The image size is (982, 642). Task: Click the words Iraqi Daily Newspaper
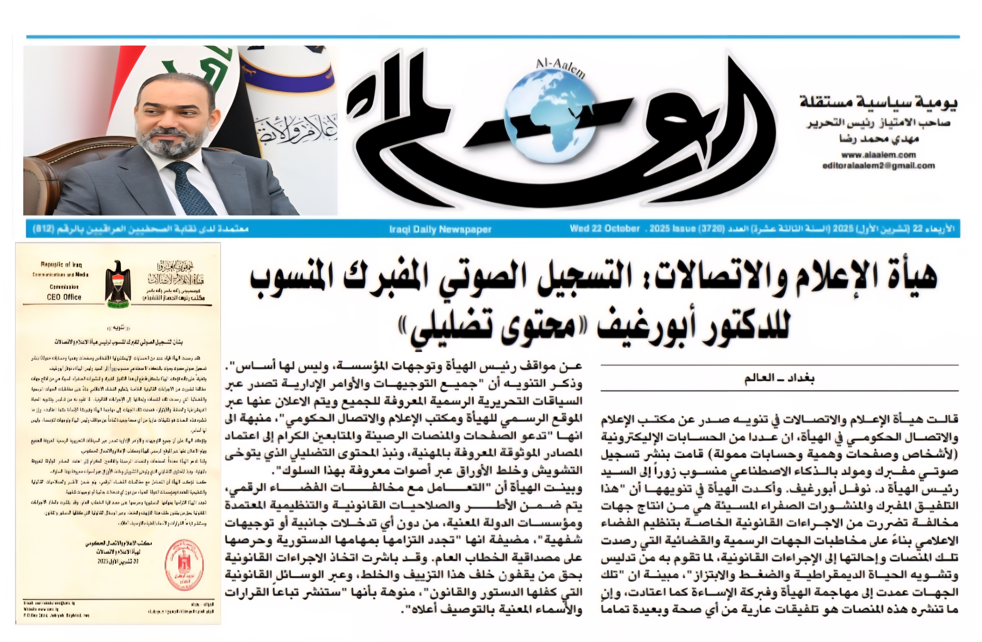440,229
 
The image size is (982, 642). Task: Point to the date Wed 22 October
604,228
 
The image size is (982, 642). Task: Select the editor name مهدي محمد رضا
881,139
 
